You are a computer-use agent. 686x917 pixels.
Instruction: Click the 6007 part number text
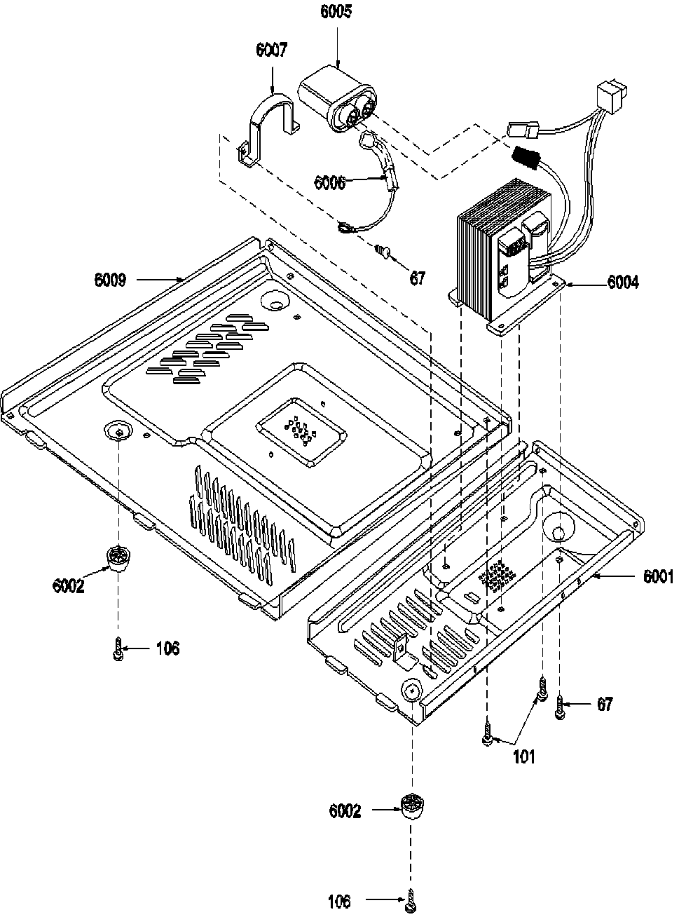(271, 50)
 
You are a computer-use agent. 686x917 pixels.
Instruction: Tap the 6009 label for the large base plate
(111, 280)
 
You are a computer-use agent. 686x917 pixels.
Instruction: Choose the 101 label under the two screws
(524, 756)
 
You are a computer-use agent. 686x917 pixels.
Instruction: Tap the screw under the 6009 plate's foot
(118, 648)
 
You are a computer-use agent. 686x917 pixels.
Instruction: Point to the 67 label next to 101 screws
(603, 704)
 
